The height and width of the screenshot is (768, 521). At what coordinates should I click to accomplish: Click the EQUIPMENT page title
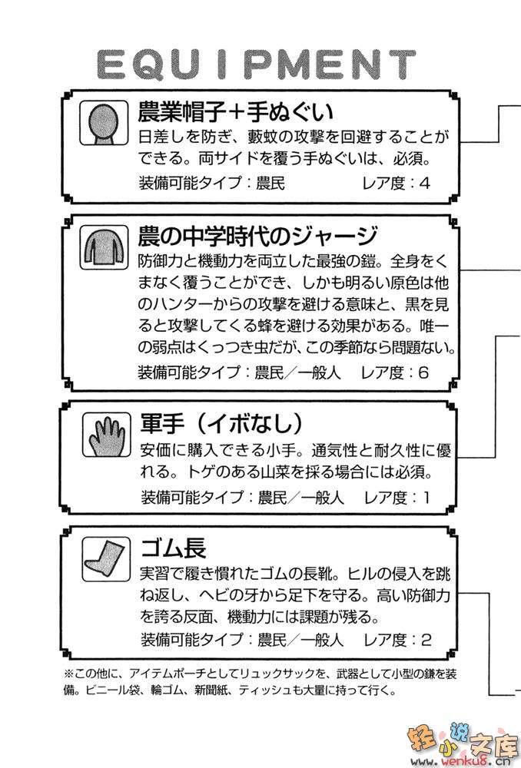pos(256,65)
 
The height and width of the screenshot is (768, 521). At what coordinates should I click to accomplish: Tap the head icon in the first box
pos(104,123)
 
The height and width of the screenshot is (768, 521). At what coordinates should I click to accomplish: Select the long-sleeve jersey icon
pos(104,247)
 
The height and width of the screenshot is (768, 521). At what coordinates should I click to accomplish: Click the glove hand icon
pos(106,435)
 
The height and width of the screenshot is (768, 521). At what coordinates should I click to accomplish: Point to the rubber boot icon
pos(106,559)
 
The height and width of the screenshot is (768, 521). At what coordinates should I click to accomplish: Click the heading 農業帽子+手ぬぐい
pos(236,111)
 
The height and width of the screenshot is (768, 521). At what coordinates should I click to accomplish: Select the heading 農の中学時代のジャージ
pos(257,236)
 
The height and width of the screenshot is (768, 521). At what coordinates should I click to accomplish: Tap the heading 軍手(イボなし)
pos(222,423)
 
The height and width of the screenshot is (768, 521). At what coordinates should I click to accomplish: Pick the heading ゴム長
pos(174,548)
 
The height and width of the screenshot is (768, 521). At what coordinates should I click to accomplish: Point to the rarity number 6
pos(423,372)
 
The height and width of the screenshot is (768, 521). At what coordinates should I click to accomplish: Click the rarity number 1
pos(426,498)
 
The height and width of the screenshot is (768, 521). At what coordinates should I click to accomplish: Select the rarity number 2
pos(426,641)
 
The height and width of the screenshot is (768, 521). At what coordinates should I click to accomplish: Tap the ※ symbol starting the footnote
pos(69,674)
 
